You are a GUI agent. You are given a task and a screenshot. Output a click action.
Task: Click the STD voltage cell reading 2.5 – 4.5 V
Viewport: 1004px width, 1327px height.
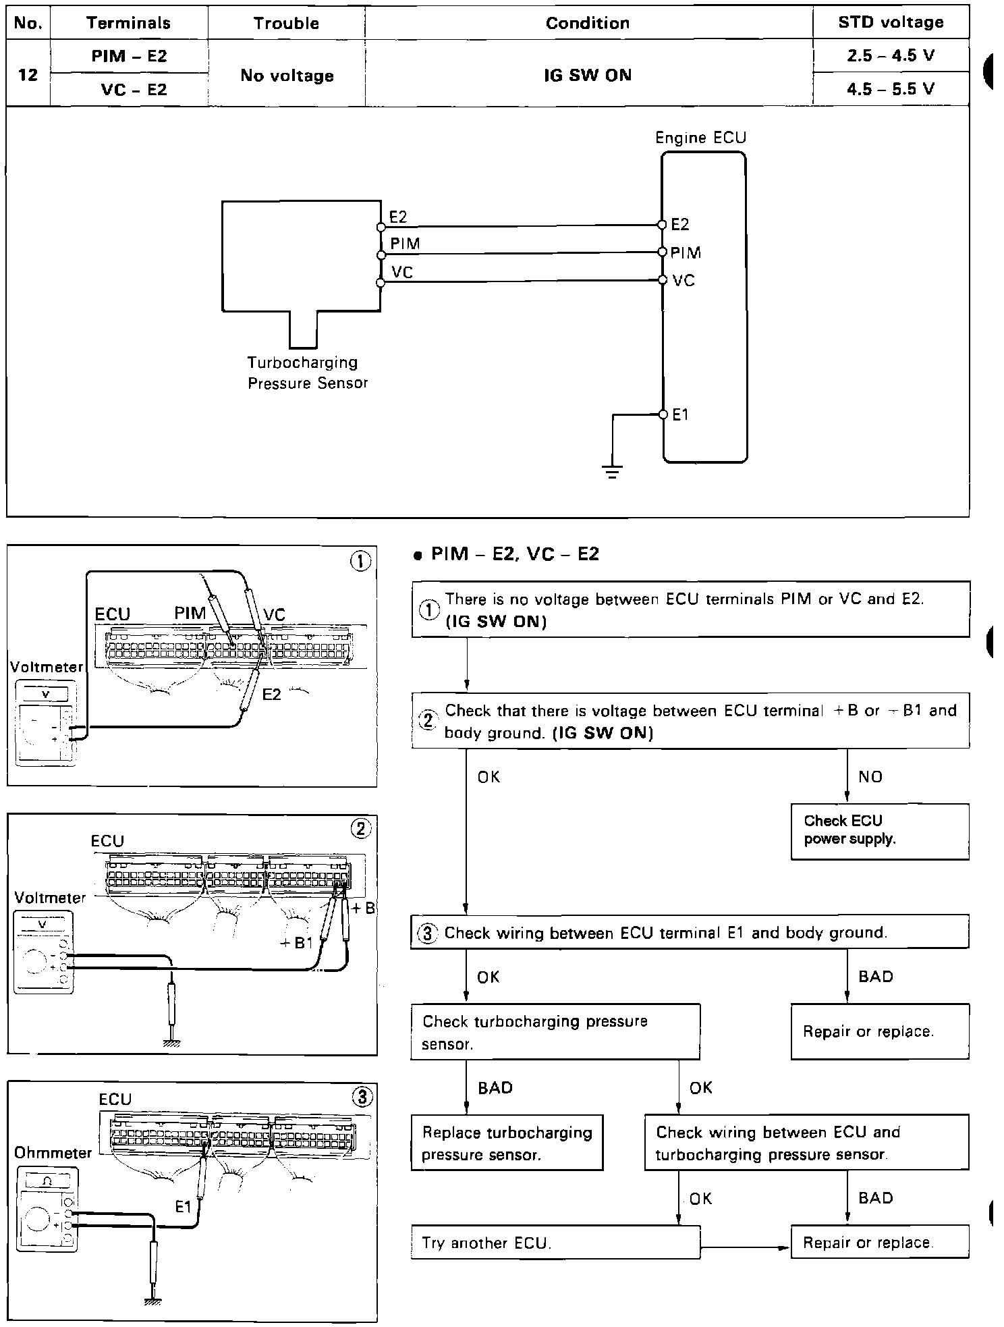pos(891,55)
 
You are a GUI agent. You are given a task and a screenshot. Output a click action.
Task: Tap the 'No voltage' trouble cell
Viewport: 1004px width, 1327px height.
pos(287,76)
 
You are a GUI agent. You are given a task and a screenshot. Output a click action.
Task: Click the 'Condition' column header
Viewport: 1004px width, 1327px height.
pos(588,23)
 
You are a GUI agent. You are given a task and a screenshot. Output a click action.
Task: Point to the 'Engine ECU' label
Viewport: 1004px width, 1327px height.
pos(701,138)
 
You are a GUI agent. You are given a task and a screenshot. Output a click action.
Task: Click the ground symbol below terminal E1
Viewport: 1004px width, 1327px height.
pos(613,470)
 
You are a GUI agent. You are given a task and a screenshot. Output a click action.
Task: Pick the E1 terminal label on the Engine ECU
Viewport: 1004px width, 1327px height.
pos(680,414)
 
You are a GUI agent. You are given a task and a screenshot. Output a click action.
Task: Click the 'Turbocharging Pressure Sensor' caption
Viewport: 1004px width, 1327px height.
pos(307,373)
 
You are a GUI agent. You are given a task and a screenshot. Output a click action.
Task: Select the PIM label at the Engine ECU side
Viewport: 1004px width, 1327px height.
pos(686,252)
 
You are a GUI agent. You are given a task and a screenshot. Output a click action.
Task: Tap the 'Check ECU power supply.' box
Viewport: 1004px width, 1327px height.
pos(880,830)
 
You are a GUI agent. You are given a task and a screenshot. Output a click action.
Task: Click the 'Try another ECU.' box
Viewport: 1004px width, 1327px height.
pos(555,1243)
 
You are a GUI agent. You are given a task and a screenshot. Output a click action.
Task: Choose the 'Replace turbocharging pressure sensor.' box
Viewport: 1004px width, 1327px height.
pos(507,1143)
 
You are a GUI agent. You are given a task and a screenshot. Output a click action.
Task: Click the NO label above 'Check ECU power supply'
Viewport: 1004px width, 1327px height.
pos(870,777)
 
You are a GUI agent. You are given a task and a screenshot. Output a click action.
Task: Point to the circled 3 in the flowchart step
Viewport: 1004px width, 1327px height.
pos(427,933)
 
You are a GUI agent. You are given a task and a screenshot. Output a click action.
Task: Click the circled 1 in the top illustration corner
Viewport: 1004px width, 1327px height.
pos(361,562)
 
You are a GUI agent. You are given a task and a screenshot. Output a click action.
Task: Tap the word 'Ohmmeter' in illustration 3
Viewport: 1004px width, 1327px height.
pos(53,1152)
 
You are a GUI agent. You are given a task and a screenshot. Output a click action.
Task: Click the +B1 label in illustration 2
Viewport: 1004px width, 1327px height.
pos(296,943)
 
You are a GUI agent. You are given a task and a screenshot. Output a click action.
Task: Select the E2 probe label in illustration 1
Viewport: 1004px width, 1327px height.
pos(271,694)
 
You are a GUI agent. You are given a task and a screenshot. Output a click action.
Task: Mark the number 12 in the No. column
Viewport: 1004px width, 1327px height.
pos(28,74)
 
